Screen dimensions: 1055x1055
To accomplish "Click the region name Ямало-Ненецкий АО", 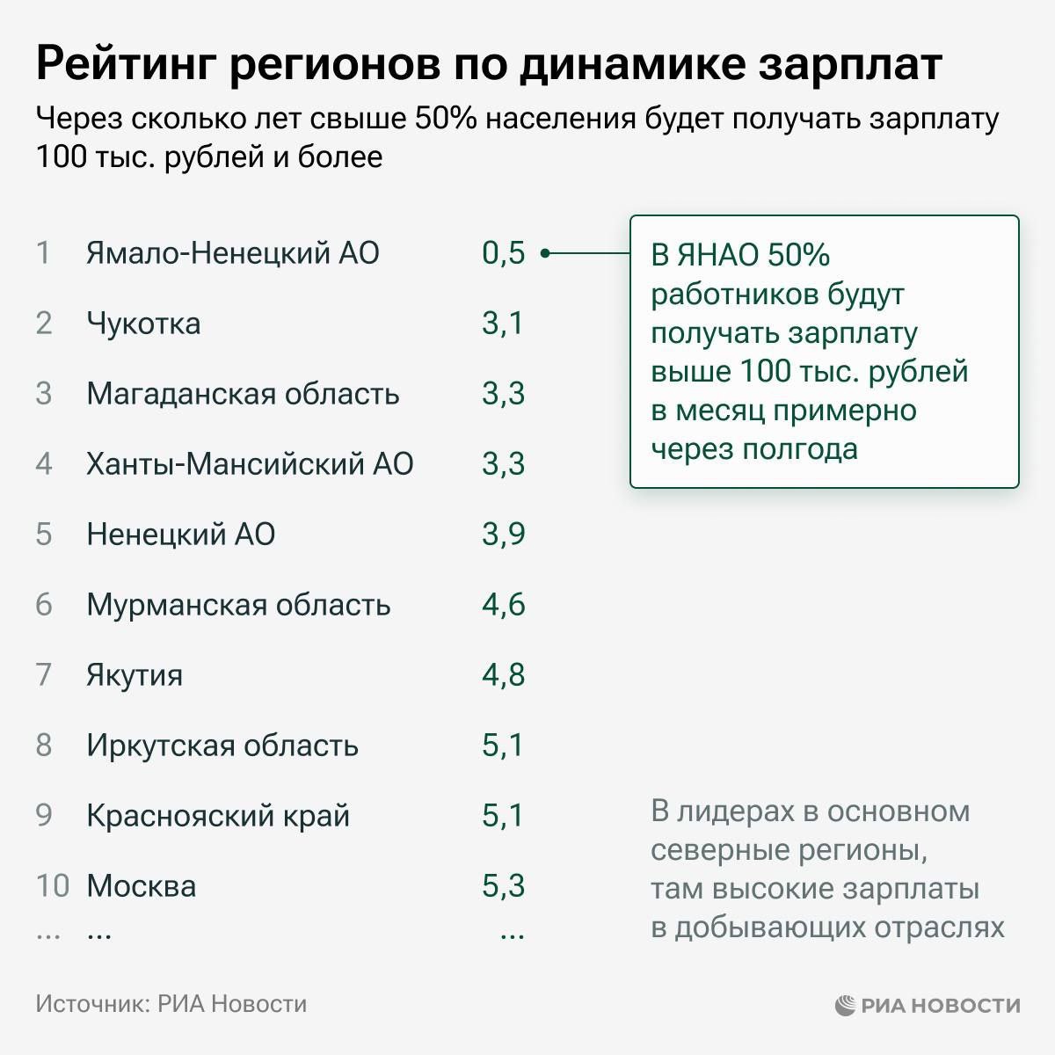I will tap(232, 253).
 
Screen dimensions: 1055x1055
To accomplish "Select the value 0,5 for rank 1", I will tap(503, 253).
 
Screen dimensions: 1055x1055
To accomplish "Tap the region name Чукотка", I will tap(143, 324).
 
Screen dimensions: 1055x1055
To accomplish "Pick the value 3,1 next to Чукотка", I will tap(502, 324).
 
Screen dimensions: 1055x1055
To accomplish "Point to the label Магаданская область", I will tap(243, 394).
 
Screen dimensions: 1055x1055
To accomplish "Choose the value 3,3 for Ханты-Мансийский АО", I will tap(503, 464).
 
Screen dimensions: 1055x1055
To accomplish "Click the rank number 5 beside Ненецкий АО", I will tap(44, 535).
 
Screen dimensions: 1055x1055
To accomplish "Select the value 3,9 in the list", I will tap(503, 535).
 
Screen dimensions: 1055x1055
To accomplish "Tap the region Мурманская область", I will tap(238, 605).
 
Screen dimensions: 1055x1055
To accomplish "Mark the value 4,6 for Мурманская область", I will tap(503, 605).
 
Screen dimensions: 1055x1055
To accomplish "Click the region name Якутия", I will tap(135, 675).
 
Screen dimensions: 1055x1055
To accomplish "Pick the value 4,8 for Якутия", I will tap(503, 675).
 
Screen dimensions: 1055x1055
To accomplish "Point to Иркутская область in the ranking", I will tap(222, 746).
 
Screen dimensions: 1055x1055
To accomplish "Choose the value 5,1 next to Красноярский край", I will tap(502, 816).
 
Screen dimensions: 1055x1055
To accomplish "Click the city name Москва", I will tap(142, 886).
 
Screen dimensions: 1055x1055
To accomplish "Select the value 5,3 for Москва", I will tap(503, 886).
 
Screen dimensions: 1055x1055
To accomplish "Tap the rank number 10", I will tap(52, 886).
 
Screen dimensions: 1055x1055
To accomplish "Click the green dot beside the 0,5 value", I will tap(545, 253).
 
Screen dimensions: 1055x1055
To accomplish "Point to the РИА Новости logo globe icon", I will tap(845, 1005).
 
